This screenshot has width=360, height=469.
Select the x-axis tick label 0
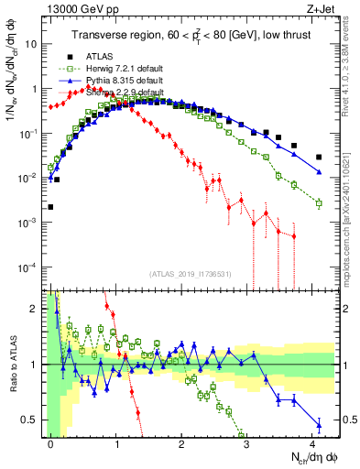coord(51,442)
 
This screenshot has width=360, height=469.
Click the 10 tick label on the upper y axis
coord(34,44)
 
